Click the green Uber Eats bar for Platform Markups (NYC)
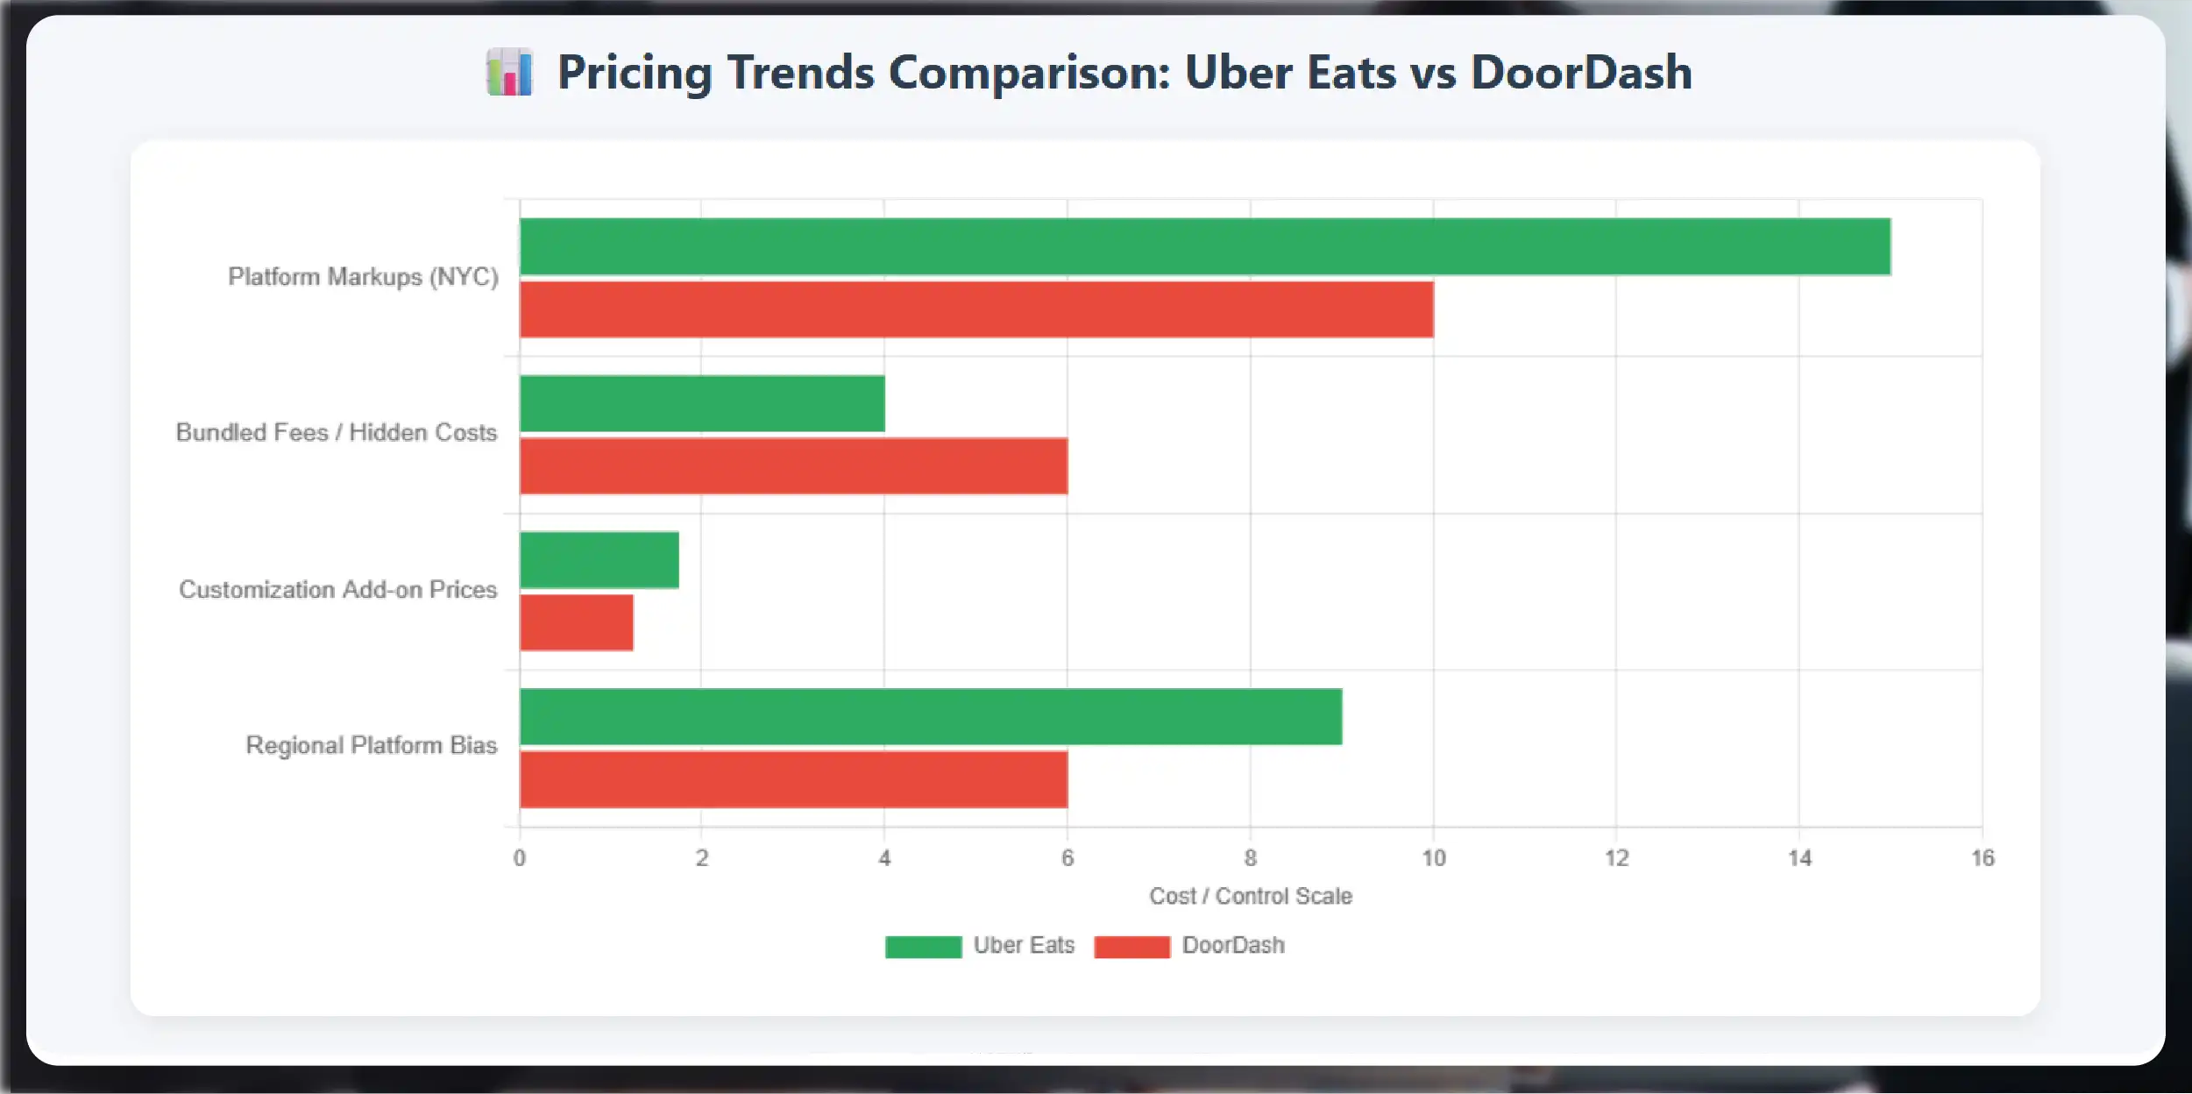(x=1205, y=246)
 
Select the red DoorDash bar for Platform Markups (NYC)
(x=976, y=309)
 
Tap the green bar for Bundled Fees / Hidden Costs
(x=702, y=403)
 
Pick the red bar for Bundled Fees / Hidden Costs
(x=793, y=466)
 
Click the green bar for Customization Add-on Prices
(x=599, y=560)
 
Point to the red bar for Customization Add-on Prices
(x=577, y=622)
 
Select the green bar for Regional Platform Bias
(x=931, y=716)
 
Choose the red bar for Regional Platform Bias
(x=793, y=779)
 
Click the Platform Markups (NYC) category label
(x=363, y=277)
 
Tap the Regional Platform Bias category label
(x=371, y=745)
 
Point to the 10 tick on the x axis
(x=1433, y=858)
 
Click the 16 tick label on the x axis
(x=1983, y=858)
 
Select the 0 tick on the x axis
(x=520, y=858)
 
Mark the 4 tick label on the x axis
(x=884, y=858)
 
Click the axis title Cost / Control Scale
(x=1251, y=896)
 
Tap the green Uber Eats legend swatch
(x=923, y=947)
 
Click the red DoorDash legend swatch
(x=1131, y=947)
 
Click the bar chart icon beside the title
(x=510, y=73)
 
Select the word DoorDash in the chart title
(x=1581, y=73)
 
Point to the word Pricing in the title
(x=635, y=73)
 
